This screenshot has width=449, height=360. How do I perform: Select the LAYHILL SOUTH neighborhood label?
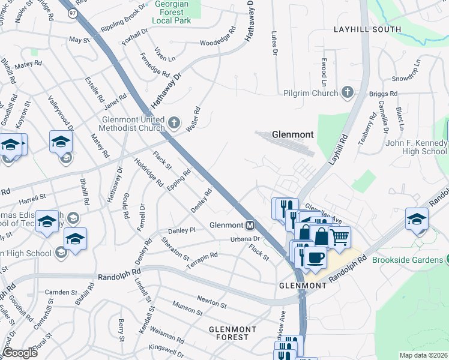367,29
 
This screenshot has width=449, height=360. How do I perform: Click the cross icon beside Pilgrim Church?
347,92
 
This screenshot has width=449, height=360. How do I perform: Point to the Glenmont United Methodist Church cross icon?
174,123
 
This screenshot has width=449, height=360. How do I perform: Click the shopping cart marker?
339,238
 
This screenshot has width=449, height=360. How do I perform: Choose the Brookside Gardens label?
406,260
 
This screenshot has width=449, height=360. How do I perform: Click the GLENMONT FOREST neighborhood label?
233,333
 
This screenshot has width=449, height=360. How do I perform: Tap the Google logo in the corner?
20,353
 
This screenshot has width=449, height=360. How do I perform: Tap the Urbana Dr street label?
244,239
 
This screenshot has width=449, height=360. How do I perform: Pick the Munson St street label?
187,310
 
